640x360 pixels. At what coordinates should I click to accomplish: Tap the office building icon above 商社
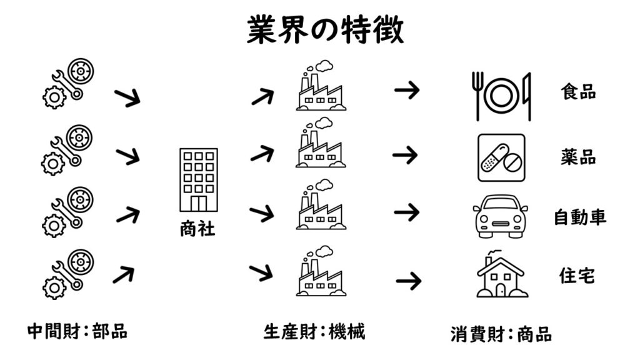point(198,180)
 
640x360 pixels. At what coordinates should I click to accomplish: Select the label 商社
point(197,229)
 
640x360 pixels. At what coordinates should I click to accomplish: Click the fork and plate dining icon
point(501,96)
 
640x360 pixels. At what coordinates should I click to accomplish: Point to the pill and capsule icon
point(501,157)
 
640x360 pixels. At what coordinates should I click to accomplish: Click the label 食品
point(578,92)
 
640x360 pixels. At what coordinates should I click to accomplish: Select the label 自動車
point(580,217)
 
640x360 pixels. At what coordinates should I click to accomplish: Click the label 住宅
point(578,275)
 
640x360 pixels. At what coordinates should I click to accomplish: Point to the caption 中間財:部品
point(77,331)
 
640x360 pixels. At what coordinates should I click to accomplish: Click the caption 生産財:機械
point(314,332)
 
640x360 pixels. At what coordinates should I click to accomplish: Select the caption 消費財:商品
point(501,334)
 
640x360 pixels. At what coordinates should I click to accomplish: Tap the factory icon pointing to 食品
point(321,87)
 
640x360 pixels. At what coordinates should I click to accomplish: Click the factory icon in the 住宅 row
point(321,272)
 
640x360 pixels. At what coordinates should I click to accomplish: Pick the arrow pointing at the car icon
point(407,212)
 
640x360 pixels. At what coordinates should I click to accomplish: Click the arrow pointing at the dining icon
point(407,91)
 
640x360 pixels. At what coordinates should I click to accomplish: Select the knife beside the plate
point(527,96)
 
